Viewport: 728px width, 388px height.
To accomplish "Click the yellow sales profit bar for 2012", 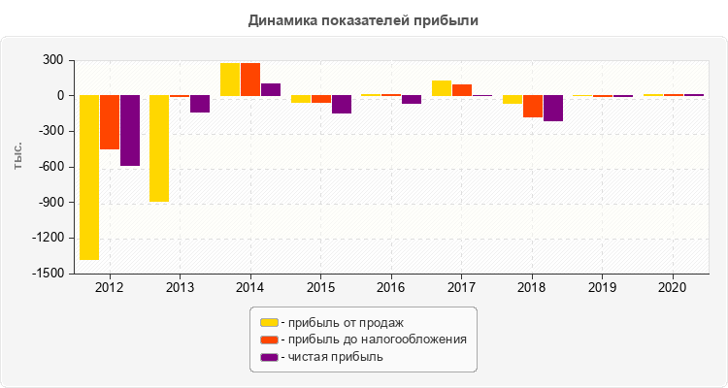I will [88, 178].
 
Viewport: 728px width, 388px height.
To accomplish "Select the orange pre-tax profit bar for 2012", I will [109, 122].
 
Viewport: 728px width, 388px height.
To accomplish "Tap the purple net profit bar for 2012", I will [129, 131].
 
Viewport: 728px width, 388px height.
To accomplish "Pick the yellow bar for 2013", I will [159, 148].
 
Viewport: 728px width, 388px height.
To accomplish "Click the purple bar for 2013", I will [200, 104].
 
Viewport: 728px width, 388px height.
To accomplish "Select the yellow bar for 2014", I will [230, 80].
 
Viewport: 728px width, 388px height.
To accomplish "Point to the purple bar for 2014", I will [271, 89].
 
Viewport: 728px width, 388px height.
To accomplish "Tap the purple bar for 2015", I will [342, 105].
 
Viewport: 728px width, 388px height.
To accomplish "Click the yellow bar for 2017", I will [442, 88].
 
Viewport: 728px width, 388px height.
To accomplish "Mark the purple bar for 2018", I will [552, 109].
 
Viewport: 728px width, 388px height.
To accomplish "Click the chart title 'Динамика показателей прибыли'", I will [364, 19].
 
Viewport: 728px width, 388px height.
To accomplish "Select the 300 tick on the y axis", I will [52, 60].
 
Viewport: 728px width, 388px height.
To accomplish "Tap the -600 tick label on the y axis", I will [50, 167].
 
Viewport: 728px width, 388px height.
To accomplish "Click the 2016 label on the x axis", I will [391, 288].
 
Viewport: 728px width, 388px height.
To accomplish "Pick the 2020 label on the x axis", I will [673, 288].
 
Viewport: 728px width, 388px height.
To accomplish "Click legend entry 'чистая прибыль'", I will [331, 356].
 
